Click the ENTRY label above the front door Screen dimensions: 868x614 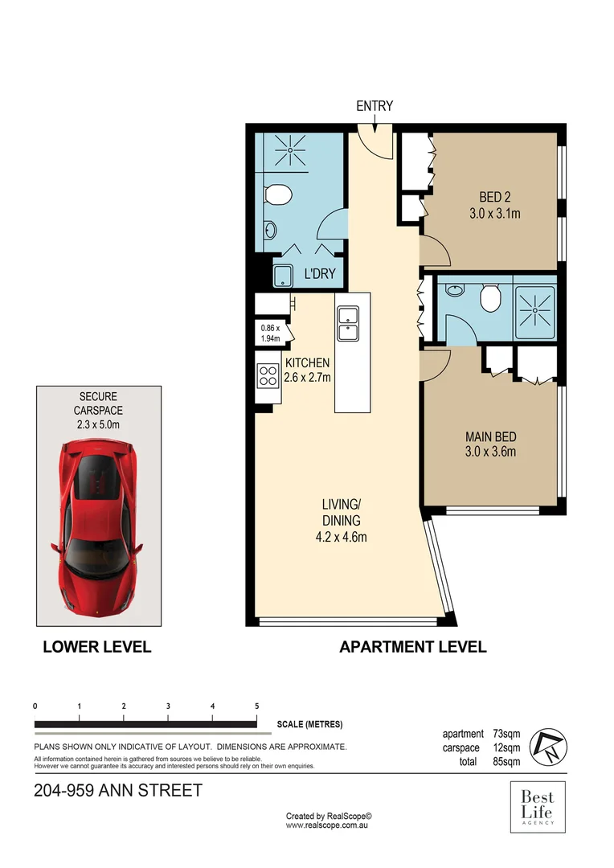coord(375,107)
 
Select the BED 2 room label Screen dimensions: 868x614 coord(495,205)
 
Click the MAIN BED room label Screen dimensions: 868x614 coord(490,444)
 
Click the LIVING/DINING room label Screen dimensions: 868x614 coord(342,521)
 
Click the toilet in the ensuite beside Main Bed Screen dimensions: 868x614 coord(489,300)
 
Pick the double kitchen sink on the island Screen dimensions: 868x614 coord(349,322)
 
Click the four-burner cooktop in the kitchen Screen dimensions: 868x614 coord(267,375)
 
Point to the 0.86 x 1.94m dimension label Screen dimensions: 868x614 coord(270,334)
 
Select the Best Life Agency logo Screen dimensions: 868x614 coord(538,808)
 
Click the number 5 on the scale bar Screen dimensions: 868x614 coord(256,706)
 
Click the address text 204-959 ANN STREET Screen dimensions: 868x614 coord(118,791)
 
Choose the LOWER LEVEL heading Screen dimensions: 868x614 coord(96,647)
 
